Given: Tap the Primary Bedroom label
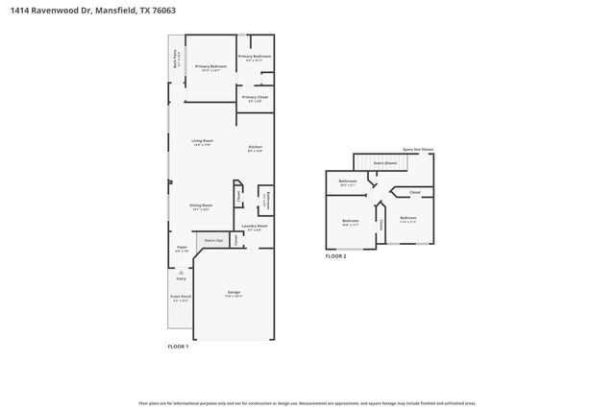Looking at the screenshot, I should point(210,66).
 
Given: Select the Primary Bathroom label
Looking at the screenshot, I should point(255,57).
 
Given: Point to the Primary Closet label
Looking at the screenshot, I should point(255,97).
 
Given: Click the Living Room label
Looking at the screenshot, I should point(202,141).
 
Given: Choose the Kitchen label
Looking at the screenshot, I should point(255,147).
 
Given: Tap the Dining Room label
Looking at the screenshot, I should point(201,205).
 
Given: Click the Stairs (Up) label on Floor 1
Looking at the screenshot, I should point(213,240).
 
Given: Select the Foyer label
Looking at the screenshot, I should point(182,248).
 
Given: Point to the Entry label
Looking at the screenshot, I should point(181,278).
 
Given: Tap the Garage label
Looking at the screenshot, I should point(234,292).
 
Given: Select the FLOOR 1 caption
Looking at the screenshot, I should point(178,346).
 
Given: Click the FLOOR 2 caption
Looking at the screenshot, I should point(336,256).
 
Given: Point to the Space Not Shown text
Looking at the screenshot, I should point(417,150).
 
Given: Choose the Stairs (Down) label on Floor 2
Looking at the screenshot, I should point(384,163).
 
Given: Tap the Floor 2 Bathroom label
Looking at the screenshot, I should point(348,181).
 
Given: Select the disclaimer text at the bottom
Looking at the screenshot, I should point(307,403).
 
